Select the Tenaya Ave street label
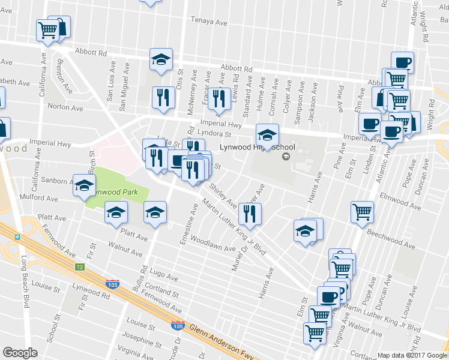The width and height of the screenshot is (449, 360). pyautogui.click(x=209, y=22)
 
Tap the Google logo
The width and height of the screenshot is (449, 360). pyautogui.click(x=20, y=353)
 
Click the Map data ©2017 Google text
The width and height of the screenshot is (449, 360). pyautogui.click(x=412, y=355)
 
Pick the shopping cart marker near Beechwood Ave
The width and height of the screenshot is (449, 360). pyautogui.click(x=362, y=211)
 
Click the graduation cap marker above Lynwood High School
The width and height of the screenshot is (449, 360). pyautogui.click(x=267, y=133)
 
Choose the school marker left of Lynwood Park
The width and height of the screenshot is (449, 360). pyautogui.click(x=84, y=185)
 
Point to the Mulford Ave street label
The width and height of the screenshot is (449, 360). pyautogui.click(x=38, y=197)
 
